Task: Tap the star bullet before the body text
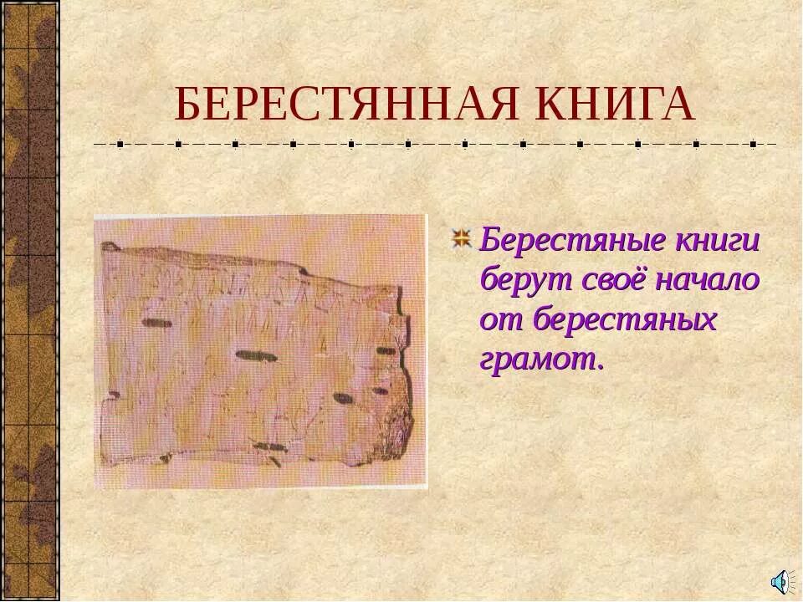pyautogui.click(x=462, y=239)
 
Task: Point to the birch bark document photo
pyautogui.click(x=259, y=351)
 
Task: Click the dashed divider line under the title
pyautogui.click(x=435, y=144)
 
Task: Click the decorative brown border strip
pyautogui.click(x=29, y=301)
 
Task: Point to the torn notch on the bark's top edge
pyautogui.click(x=303, y=271)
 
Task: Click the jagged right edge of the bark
pyautogui.click(x=407, y=393)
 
